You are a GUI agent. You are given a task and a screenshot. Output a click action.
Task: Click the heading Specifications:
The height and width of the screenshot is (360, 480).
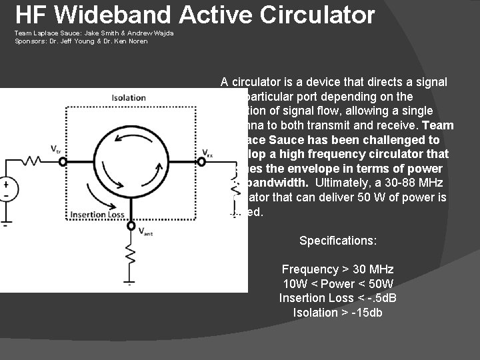point(337,240)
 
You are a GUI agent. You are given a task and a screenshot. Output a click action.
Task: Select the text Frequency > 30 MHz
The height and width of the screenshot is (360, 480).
point(337,269)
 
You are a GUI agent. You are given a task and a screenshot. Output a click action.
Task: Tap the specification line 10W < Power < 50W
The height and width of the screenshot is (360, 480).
point(337,284)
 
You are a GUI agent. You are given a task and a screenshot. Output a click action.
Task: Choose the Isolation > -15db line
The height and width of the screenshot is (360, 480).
point(337,313)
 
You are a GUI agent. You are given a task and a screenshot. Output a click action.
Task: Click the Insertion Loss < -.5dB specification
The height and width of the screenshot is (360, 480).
point(337,298)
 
